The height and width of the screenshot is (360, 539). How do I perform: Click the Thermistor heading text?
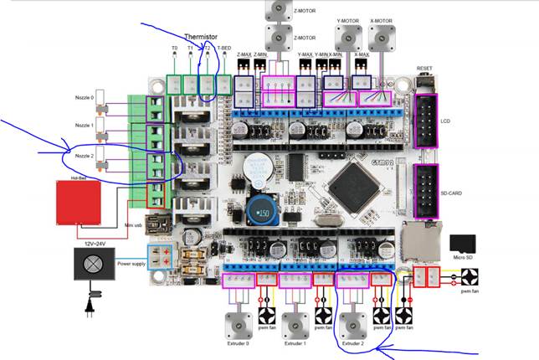pos(201,37)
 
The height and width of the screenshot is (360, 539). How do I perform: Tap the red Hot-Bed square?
pos(78,202)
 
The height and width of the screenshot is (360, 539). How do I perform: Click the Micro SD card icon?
pos(462,244)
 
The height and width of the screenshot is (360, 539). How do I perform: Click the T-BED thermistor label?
pos(224,49)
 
